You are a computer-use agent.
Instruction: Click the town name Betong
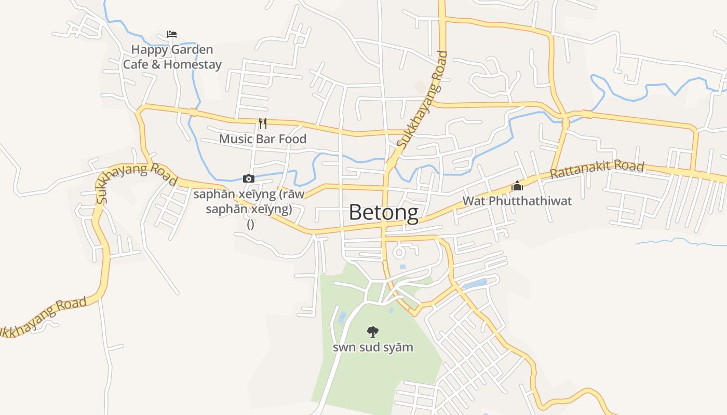coord(383,213)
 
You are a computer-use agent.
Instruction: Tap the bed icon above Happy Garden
coord(172,34)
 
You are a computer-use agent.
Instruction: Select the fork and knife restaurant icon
coord(263,123)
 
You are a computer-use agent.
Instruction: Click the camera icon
coord(249,179)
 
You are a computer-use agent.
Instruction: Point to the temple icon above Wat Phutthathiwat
coord(517,186)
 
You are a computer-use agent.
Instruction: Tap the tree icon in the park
coord(373,332)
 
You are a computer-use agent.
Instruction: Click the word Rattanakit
coord(580,170)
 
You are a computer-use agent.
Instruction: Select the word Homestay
coord(193,65)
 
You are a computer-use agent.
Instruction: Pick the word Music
coord(236,139)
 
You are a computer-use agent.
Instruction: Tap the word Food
coord(292,139)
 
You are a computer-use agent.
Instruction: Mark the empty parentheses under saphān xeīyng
coord(251,225)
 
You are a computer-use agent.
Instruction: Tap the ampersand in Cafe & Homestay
coord(156,65)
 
